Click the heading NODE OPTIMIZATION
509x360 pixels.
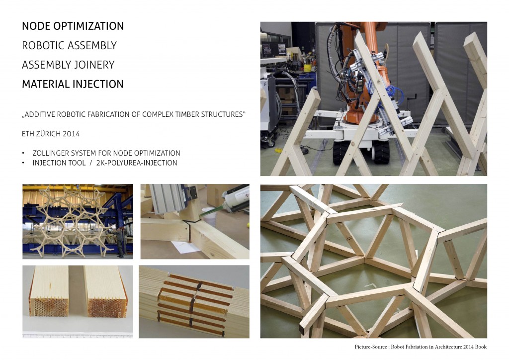point(73,26)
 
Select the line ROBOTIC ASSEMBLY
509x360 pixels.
point(69,45)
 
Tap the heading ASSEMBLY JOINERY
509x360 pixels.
point(68,65)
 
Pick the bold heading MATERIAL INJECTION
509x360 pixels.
point(73,84)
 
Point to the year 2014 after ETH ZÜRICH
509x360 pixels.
point(72,134)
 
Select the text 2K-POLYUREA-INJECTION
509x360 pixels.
point(137,163)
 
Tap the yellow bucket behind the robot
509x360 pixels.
point(307,68)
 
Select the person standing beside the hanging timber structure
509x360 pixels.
point(120,242)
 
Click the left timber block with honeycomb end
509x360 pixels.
point(49,291)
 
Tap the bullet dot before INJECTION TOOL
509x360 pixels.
point(23,163)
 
